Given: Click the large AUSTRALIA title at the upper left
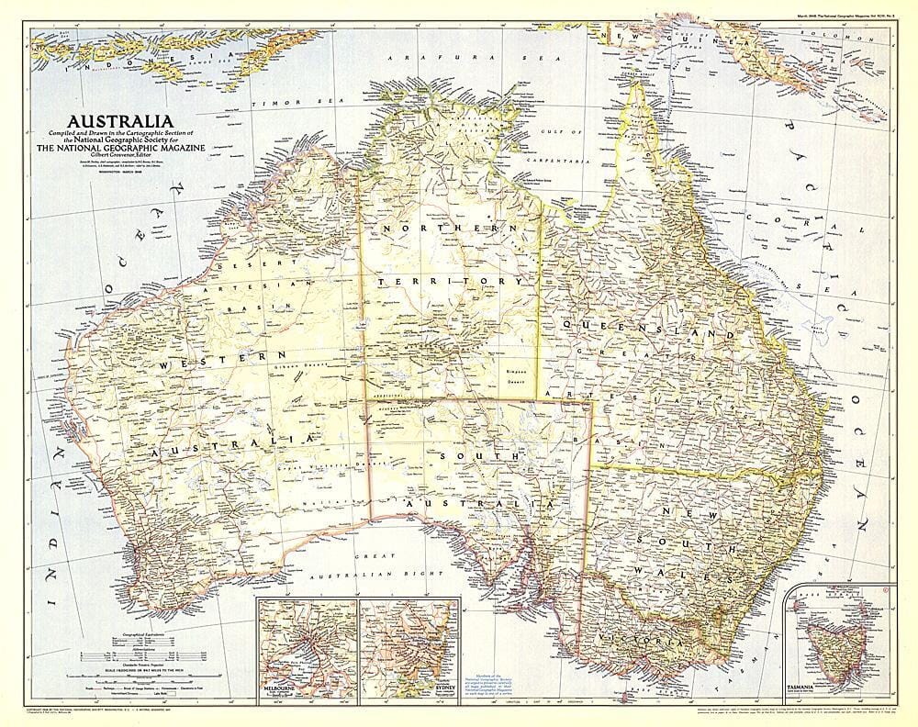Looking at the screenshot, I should [x=119, y=121].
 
